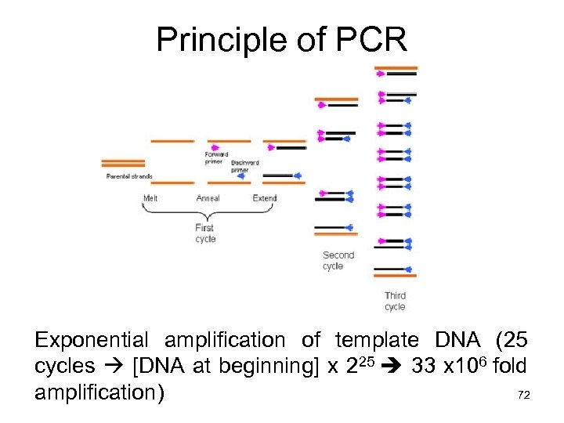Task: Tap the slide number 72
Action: [524, 396]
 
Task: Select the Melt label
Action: [150, 198]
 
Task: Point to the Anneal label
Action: [208, 198]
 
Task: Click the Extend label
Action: [265, 198]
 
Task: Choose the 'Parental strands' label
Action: [129, 176]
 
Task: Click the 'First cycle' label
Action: [205, 233]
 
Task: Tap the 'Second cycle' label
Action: [338, 260]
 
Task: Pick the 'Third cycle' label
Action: [395, 302]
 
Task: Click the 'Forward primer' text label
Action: [216, 158]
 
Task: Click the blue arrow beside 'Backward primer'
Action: [240, 176]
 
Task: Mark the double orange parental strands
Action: [123, 163]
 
